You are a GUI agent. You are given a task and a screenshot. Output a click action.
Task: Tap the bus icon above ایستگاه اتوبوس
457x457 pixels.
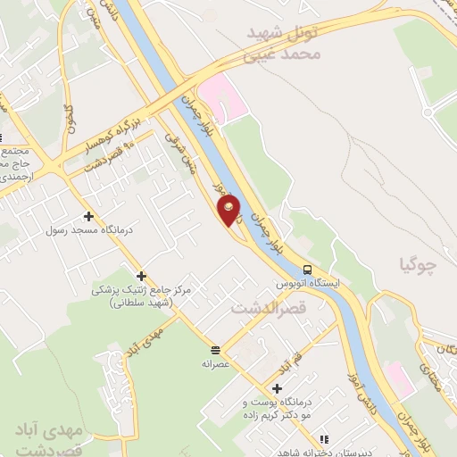[308, 270]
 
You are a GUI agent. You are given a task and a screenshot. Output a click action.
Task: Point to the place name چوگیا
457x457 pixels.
[419, 264]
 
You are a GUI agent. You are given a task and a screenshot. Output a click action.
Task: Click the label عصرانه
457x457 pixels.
[216, 363]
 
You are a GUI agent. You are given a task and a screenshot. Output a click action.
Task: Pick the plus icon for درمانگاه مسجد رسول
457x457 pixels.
[87, 215]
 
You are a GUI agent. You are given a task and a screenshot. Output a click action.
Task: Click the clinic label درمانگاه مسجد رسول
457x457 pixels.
[89, 229]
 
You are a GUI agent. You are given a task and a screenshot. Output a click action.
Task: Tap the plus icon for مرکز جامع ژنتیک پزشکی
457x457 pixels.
[140, 276]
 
